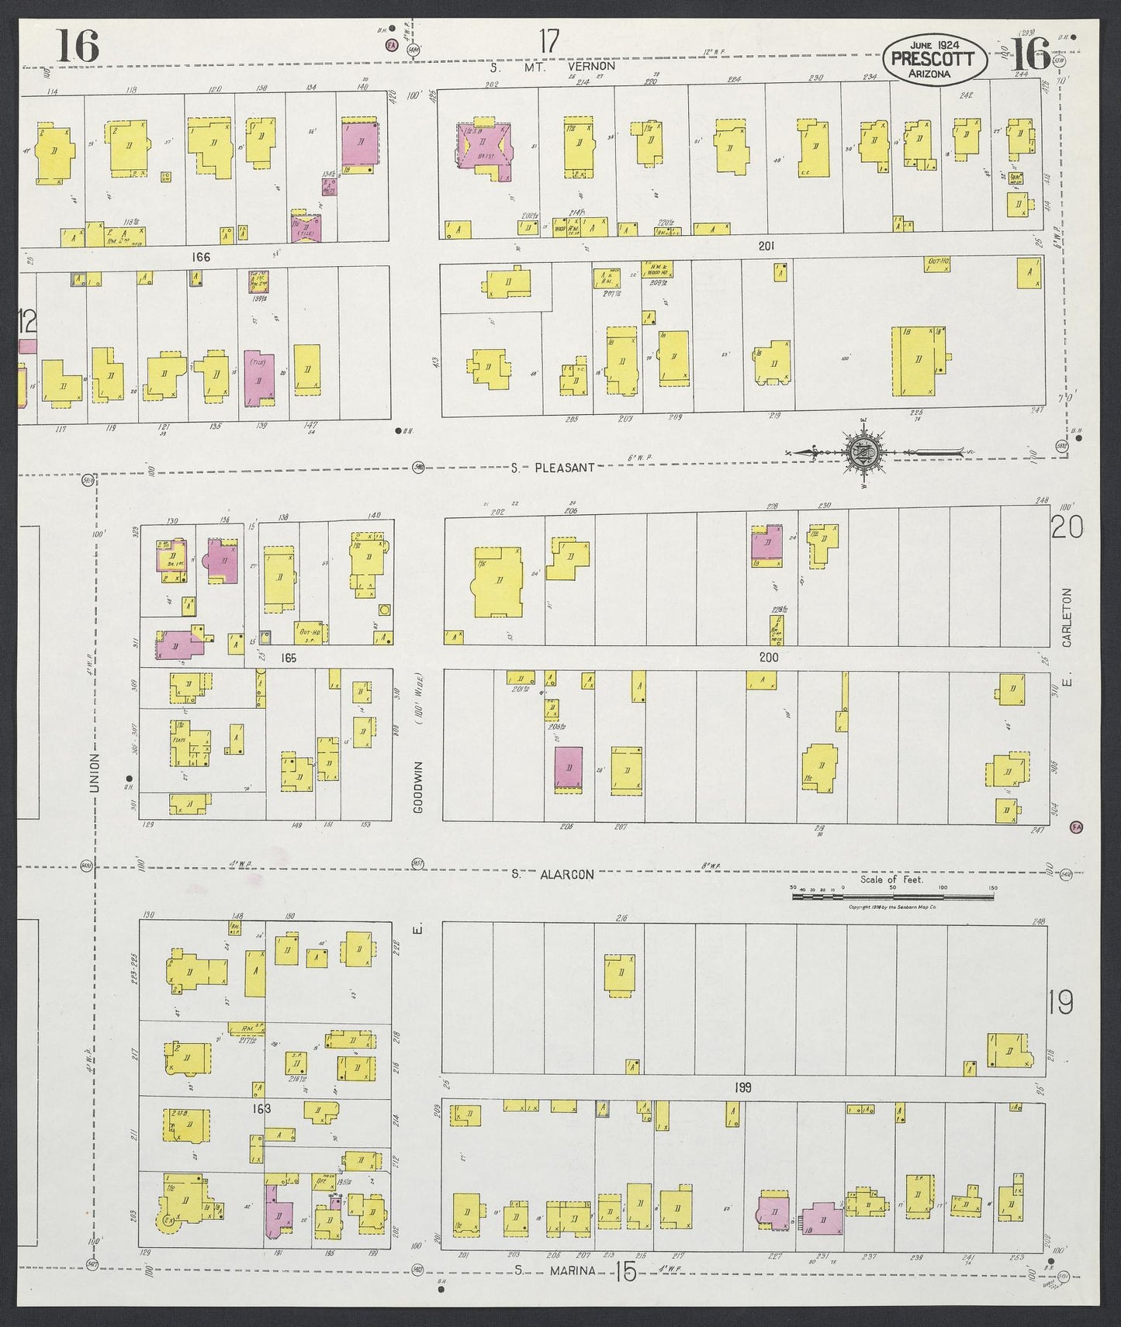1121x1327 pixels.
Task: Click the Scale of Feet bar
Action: click(x=892, y=897)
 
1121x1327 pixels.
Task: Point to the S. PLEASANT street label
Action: click(x=552, y=468)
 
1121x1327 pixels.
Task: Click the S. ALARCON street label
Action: click(x=552, y=874)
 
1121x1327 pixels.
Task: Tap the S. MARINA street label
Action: click(x=555, y=1270)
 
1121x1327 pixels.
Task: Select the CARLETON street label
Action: click(x=1067, y=617)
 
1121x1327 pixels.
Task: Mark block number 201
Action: click(x=766, y=246)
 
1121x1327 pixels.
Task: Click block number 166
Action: click(x=202, y=257)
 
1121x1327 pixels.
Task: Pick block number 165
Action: click(x=289, y=658)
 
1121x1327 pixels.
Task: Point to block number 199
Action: click(x=742, y=1088)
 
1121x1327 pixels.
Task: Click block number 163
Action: click(x=261, y=1109)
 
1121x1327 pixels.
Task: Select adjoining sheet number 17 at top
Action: click(x=548, y=41)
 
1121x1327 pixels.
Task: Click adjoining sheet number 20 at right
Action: click(x=1067, y=528)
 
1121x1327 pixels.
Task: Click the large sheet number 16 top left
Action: click(x=78, y=46)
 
